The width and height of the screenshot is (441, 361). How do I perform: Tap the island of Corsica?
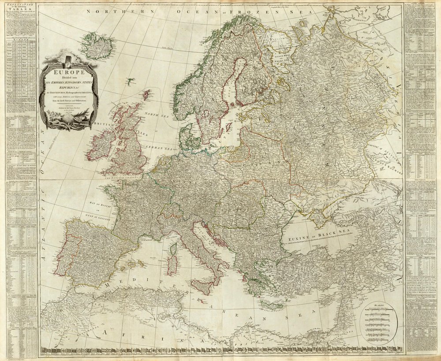pyautogui.click(x=173, y=249)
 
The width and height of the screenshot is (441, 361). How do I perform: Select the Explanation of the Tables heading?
pyautogui.click(x=18, y=8)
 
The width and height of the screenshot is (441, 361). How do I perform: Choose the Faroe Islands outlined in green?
pyautogui.click(x=130, y=81)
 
